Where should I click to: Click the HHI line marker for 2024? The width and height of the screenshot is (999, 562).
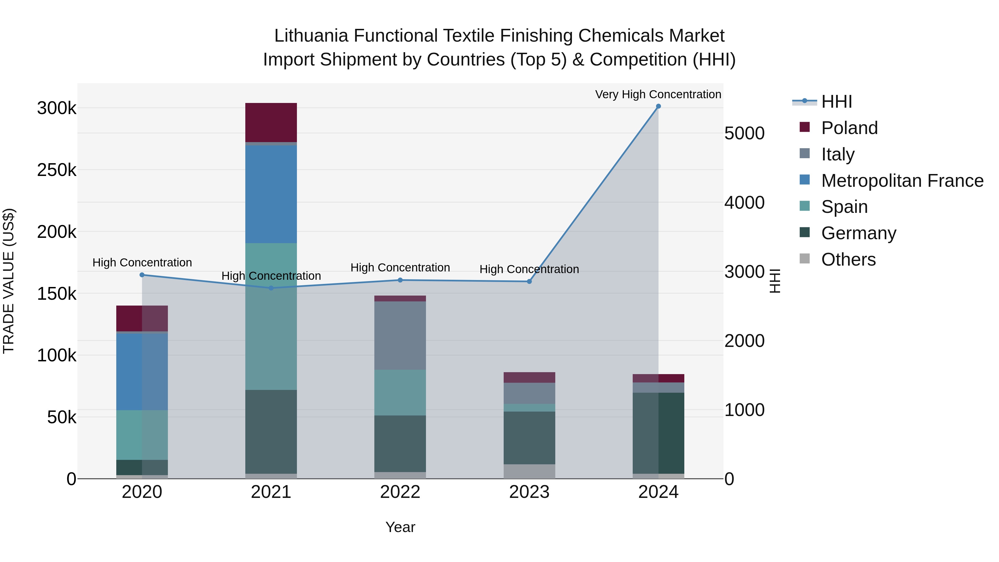(658, 106)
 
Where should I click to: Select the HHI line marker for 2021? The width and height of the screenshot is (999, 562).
(271, 288)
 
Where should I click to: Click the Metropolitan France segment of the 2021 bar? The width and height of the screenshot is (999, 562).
(271, 194)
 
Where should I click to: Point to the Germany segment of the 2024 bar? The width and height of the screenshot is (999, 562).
(658, 433)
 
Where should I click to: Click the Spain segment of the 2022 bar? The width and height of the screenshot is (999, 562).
(400, 392)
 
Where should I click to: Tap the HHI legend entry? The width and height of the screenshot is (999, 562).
(836, 102)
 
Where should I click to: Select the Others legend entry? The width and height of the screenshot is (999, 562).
(848, 259)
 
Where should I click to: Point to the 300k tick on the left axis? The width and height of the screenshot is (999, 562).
(57, 108)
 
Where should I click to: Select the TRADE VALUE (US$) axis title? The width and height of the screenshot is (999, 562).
(9, 281)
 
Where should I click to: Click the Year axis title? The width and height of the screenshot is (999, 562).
(400, 527)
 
